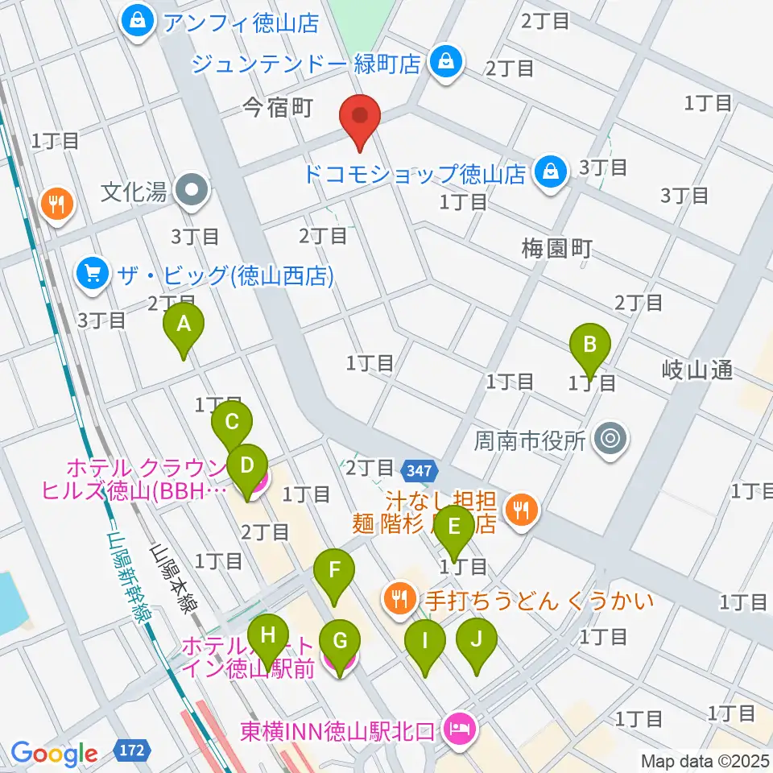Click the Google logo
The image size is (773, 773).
(54, 754)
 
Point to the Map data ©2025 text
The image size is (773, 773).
(705, 760)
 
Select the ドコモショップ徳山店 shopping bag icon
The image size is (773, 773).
(550, 172)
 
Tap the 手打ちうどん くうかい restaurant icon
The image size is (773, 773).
(398, 598)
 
